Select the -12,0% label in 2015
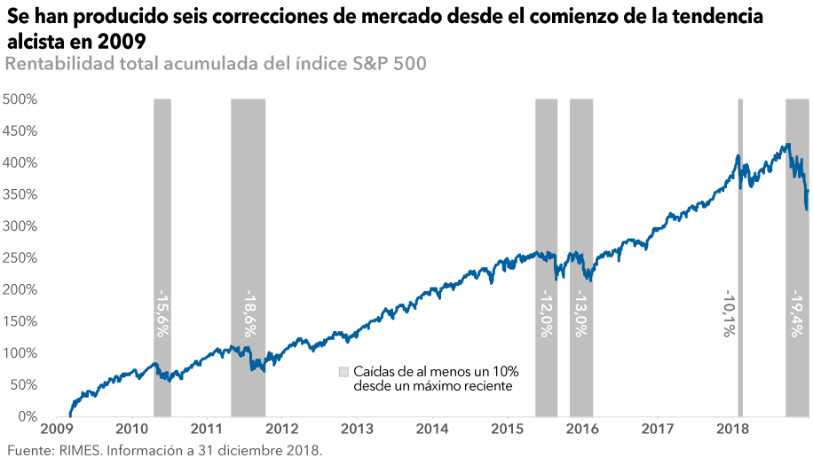click(x=547, y=314)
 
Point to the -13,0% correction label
click(x=581, y=314)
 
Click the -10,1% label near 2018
click(x=728, y=314)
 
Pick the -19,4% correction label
click(x=795, y=314)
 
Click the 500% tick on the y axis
click(x=20, y=99)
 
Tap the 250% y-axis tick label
click(x=20, y=258)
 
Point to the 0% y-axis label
click(x=27, y=417)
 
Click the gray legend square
click(x=343, y=371)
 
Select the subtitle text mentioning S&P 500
click(x=217, y=64)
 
